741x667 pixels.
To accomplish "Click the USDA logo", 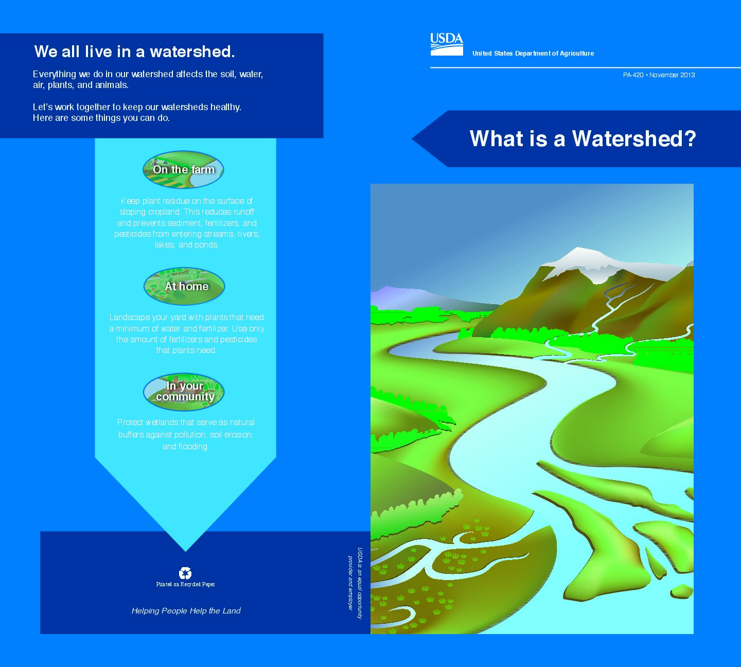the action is point(447,44).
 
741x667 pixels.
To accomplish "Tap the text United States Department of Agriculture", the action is point(533,53).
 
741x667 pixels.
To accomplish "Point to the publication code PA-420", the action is point(633,75).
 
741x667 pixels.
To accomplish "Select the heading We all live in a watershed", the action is point(134,51).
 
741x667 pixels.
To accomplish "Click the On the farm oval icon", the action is point(184,170).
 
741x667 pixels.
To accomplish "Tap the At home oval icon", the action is point(184,286).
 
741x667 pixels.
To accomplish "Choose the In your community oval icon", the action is point(184,392).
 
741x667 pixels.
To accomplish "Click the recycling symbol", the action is point(185,573).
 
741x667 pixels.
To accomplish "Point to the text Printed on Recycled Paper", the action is point(185,584).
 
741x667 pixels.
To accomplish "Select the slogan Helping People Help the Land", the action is point(186,611).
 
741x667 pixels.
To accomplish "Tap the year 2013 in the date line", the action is point(687,75).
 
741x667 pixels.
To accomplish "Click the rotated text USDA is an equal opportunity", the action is point(360,583).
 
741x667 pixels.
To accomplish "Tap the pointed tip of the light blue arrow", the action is point(185,551).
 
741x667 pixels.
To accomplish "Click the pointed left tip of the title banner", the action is point(413,138).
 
